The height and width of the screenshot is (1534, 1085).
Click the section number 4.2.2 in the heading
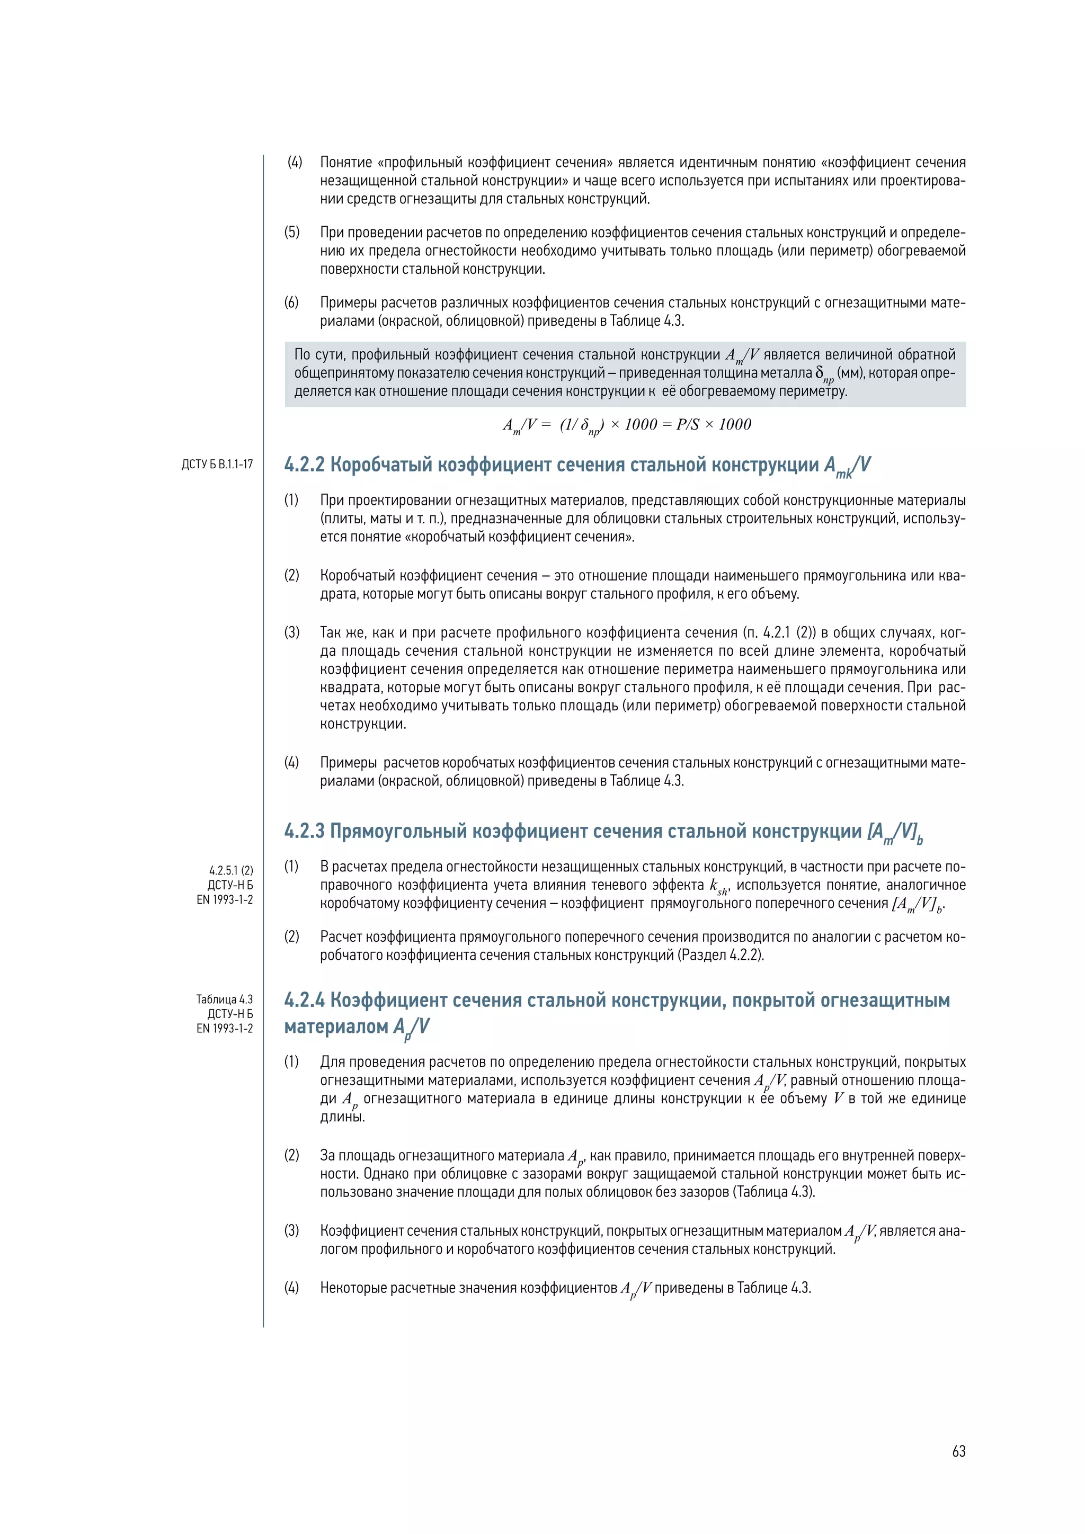304,465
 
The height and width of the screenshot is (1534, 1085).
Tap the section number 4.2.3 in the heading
304,831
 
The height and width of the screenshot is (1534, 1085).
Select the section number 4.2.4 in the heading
304,1000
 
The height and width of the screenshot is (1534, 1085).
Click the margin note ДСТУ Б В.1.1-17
217,465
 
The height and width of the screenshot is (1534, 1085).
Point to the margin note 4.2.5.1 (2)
231,871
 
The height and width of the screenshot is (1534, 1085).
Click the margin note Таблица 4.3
225,1000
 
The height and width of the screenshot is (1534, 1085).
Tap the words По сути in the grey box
319,355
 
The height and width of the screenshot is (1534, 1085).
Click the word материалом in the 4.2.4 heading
336,1027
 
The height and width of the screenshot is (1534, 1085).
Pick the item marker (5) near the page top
292,233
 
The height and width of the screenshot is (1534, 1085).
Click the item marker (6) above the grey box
292,302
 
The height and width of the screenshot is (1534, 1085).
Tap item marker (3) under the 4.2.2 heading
292,632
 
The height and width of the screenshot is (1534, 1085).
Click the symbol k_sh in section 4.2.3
718,887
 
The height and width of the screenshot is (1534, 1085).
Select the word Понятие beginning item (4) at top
345,163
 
